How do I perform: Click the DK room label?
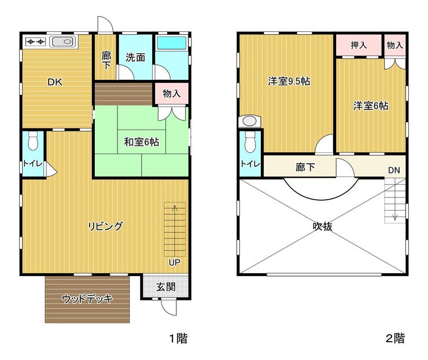[55, 82]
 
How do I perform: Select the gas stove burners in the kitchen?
[35, 42]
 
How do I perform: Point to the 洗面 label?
[135, 57]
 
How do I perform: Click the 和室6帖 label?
[141, 142]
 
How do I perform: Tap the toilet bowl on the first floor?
[33, 141]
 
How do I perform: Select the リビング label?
[105, 226]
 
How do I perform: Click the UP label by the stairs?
[175, 263]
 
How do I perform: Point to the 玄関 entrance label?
[165, 286]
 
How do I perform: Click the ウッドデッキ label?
[87, 299]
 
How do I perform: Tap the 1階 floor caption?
[179, 339]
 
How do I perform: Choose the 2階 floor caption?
[395, 338]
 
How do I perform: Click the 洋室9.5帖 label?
[289, 81]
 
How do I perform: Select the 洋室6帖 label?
[371, 105]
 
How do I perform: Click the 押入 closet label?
[359, 45]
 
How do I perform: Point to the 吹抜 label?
[323, 226]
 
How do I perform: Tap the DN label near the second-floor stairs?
[394, 170]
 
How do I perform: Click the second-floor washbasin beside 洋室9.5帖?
[249, 121]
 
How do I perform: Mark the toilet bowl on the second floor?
[250, 142]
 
